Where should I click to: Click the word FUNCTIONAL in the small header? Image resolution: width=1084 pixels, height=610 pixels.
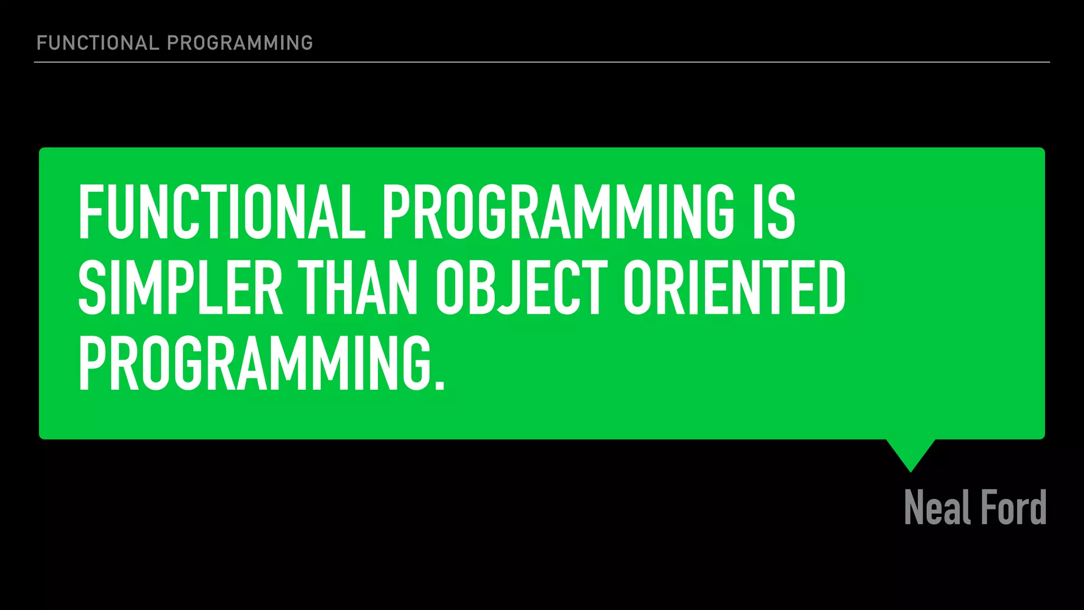(x=97, y=43)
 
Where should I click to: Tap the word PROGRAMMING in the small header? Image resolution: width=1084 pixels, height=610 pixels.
(x=240, y=43)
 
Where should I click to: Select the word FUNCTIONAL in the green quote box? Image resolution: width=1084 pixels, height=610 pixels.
(x=222, y=212)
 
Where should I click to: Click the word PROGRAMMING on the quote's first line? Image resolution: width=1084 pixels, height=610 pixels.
(x=558, y=212)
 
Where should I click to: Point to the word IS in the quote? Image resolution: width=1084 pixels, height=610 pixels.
(x=774, y=212)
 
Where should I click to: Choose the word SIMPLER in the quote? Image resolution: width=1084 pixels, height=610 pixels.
(x=180, y=288)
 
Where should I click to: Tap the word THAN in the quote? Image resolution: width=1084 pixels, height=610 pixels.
(x=357, y=288)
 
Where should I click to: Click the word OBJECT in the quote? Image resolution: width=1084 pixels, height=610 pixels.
(x=521, y=288)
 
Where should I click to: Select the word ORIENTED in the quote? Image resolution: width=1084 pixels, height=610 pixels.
(x=734, y=288)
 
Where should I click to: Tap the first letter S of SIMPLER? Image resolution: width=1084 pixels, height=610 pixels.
(x=92, y=288)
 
